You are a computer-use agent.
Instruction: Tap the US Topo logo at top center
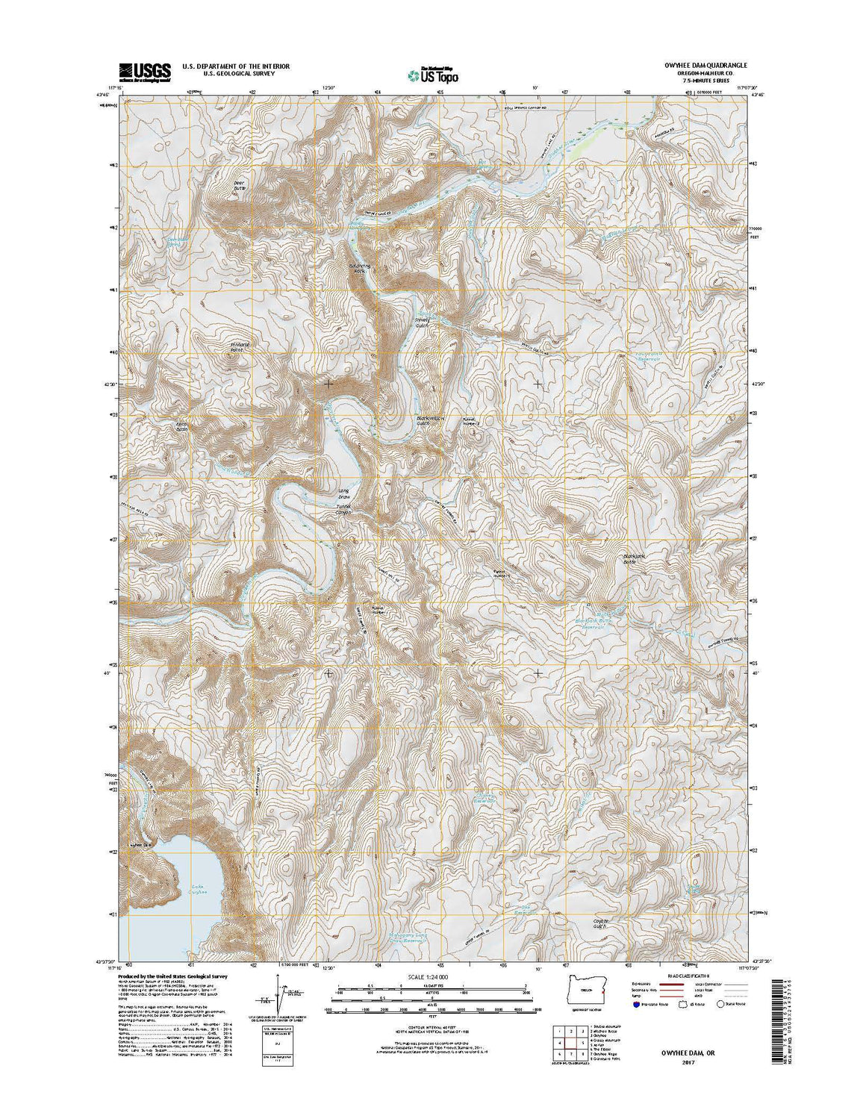[x=433, y=74]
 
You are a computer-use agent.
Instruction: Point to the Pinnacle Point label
[x=237, y=347]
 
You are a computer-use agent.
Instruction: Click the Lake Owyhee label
[x=196, y=888]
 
